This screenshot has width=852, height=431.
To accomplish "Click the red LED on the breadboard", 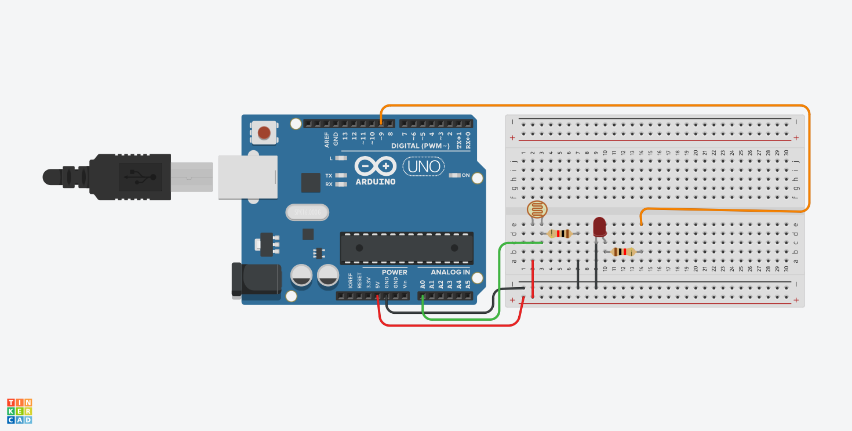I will click(x=600, y=226).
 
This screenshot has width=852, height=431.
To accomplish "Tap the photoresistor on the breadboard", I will click(x=537, y=209).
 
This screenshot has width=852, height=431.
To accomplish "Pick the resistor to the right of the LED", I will click(x=623, y=252).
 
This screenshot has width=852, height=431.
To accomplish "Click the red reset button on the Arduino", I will click(x=264, y=133).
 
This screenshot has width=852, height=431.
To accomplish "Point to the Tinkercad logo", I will click(x=20, y=411).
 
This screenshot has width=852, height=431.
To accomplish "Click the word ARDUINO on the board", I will click(x=376, y=182).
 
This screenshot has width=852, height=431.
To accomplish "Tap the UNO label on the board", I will click(x=423, y=167).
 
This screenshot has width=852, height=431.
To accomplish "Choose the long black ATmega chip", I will click(x=406, y=248).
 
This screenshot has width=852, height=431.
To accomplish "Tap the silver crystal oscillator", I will click(x=307, y=213).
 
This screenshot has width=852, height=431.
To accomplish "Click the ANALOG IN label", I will click(x=450, y=272).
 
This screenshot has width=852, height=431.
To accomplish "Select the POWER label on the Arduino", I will click(x=394, y=272).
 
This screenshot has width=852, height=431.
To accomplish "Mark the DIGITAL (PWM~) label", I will click(x=420, y=145).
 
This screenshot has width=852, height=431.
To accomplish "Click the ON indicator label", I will click(x=465, y=175).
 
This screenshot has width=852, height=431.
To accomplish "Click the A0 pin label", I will click(x=423, y=284).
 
